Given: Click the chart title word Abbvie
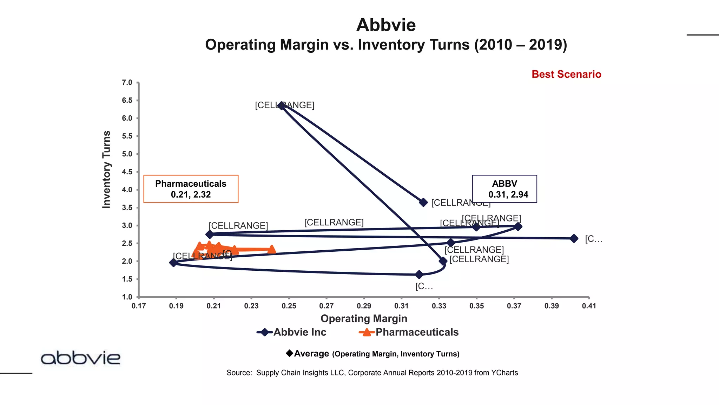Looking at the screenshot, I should coord(386,25).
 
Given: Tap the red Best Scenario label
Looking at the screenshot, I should coord(566,74).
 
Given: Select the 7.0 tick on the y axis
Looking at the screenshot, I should coord(127,83).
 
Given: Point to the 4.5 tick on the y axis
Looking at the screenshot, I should coord(127,172).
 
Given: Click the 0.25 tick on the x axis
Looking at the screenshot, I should coord(289,306).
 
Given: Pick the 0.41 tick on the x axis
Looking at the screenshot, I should coord(589,306).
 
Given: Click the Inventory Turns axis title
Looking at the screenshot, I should coord(106,169).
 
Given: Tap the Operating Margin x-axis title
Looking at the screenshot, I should coord(364,319).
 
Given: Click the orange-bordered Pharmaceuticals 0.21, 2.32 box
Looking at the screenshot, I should coord(191,189).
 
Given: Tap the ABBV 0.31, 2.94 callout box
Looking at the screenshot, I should coord(504,189).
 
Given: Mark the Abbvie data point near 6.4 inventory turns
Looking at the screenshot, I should coord(281,105).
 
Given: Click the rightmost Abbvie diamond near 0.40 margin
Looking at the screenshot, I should coord(574,238).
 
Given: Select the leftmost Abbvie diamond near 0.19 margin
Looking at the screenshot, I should coord(173,262).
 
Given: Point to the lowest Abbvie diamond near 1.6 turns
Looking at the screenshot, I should coord(419,274).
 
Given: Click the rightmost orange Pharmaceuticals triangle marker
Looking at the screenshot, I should coord(271,250).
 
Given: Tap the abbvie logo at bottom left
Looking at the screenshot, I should coord(80,358).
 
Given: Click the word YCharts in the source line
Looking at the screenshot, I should coord(504,373).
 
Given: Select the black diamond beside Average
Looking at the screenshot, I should coord(290,353).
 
